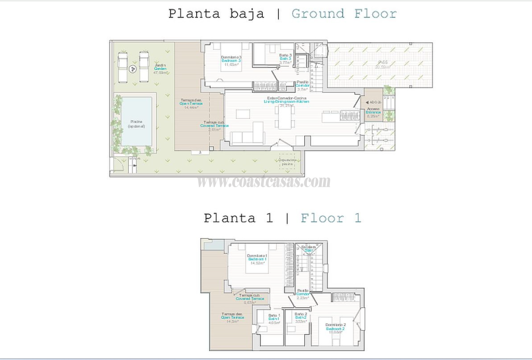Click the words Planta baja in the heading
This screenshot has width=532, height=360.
click(216, 13)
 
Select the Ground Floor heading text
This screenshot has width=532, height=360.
click(344, 13)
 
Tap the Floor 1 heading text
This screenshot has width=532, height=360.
click(331, 218)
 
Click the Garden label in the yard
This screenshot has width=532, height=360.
click(160, 69)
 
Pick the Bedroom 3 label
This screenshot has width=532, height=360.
click(231, 61)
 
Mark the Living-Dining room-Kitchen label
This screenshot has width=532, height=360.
click(288, 101)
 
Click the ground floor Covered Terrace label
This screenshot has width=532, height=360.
click(214, 126)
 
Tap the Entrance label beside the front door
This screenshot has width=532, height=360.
click(373, 112)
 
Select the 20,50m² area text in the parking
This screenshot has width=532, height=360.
click(381, 67)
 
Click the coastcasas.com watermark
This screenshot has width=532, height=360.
click(264, 182)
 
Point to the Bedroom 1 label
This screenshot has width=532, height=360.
click(257, 259)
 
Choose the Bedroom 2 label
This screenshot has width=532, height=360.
click(335, 329)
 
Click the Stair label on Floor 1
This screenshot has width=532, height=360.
click(308, 250)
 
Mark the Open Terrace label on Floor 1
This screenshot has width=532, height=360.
click(233, 318)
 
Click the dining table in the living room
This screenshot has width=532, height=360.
click(285, 117)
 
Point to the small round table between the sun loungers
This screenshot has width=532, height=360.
click(133, 67)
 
